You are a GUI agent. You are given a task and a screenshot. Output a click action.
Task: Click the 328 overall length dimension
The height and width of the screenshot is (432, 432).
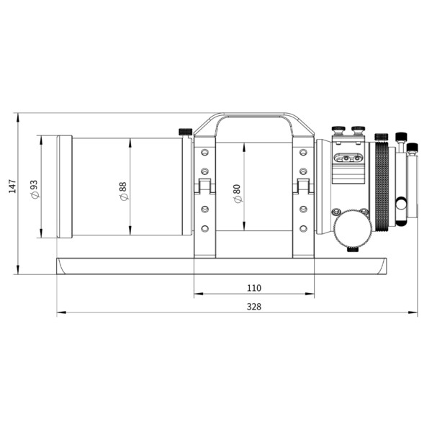[x=253, y=307]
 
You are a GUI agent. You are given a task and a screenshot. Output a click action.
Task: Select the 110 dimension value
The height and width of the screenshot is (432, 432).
[x=253, y=288]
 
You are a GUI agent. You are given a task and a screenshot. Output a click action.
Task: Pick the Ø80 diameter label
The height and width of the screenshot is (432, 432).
[x=238, y=192]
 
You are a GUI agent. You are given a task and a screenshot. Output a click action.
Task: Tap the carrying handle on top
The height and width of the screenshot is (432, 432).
[x=253, y=117]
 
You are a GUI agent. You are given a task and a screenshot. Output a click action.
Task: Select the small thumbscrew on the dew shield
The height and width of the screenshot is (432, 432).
[x=185, y=132]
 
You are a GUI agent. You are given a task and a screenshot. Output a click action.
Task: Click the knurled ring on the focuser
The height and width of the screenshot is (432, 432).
[x=382, y=186]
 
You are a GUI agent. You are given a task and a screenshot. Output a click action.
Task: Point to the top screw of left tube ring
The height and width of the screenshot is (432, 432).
[x=204, y=153]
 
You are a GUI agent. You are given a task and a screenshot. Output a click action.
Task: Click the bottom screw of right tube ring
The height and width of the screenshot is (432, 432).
[x=303, y=228]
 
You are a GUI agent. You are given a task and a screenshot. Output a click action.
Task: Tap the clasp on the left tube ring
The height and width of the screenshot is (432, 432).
[x=204, y=187]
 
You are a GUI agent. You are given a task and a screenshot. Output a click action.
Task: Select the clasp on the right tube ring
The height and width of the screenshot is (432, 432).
[x=303, y=187]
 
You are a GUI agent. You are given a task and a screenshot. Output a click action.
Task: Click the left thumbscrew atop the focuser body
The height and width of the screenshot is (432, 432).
[x=337, y=131]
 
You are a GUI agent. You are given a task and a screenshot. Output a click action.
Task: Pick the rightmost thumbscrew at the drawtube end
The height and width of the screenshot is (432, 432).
[x=412, y=148]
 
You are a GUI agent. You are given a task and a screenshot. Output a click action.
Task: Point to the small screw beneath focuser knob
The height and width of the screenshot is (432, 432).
[x=353, y=249]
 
